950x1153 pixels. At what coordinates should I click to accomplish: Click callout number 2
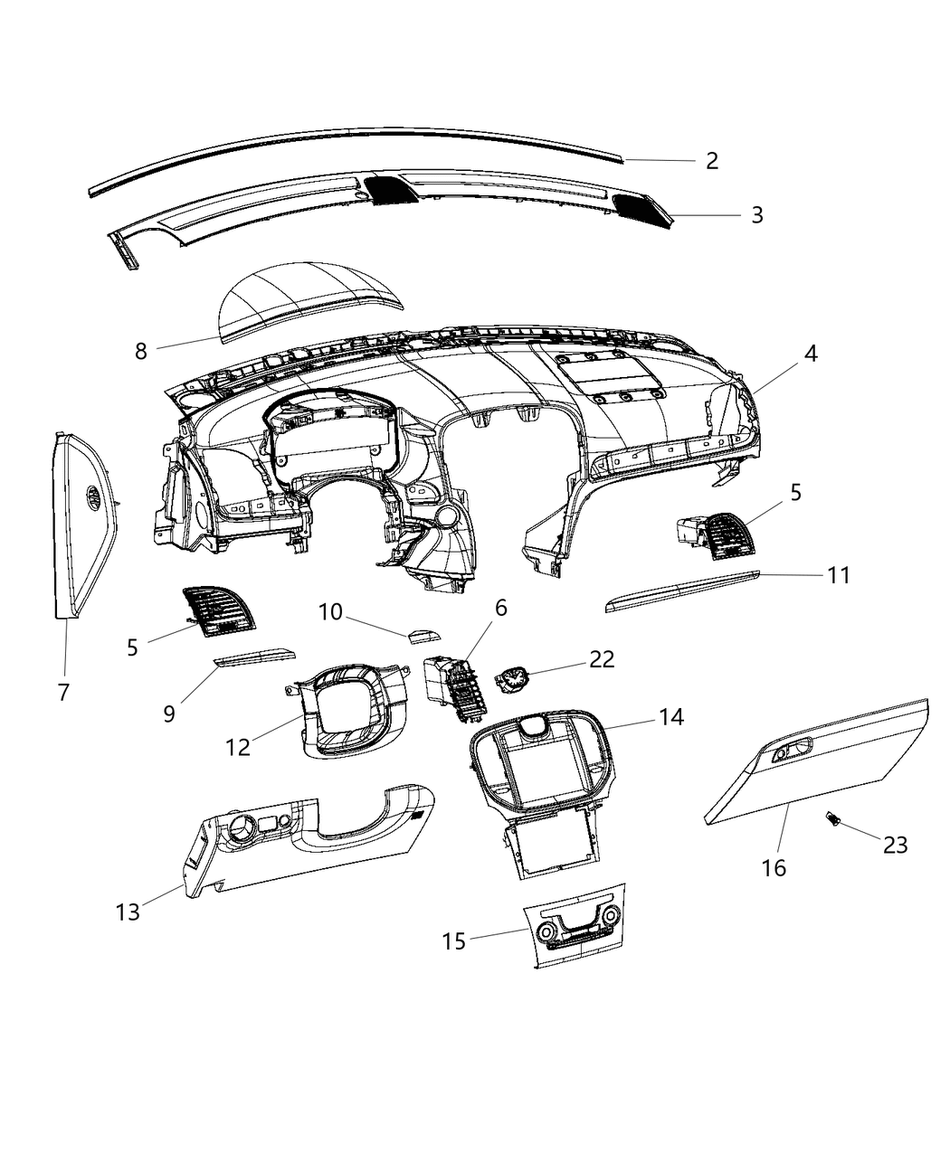[712, 161]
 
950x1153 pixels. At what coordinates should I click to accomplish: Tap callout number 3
[756, 215]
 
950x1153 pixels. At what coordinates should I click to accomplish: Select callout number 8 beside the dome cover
[141, 352]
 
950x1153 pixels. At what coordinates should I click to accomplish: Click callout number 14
[670, 717]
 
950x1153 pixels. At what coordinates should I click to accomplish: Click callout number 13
[128, 912]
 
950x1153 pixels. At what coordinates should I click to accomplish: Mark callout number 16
[774, 868]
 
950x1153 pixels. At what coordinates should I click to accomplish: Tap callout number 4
[810, 354]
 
